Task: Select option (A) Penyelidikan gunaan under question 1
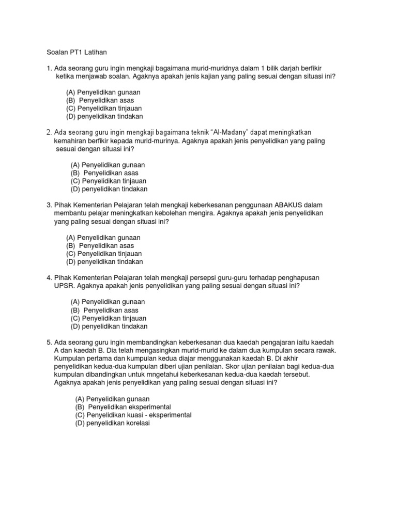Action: [103, 92]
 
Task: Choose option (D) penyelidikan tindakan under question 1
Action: [104, 117]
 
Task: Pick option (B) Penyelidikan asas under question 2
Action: [104, 173]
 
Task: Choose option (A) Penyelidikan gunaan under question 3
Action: [103, 238]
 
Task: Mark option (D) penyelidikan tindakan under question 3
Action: [104, 262]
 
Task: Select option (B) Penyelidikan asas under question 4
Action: [104, 310]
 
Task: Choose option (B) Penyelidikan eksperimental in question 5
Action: [123, 407]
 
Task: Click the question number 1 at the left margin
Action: [49, 68]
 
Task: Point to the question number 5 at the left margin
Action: [49, 343]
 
